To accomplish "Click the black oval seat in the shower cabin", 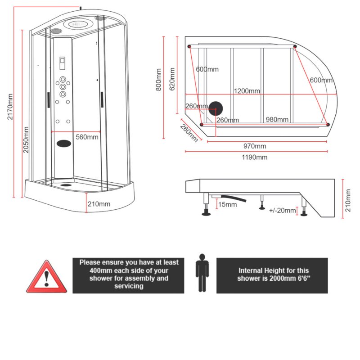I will tap(64, 144).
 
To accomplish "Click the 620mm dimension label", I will tap(171, 79).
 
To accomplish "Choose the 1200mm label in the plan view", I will tap(247, 91).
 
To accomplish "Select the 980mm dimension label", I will tap(277, 119).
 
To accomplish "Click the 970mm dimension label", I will tap(254, 146).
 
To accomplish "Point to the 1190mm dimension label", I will tap(255, 157).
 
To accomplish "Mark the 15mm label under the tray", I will tap(227, 205).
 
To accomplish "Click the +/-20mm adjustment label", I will tap(283, 211).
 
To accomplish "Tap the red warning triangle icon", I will tap(46, 277).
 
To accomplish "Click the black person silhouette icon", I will tap(202, 273).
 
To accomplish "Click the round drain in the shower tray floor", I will tap(66, 184).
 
